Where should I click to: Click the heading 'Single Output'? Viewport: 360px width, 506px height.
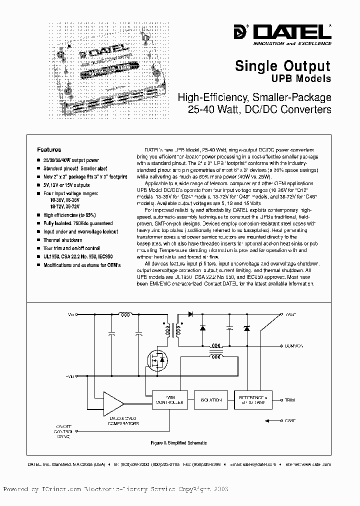(x=282, y=66)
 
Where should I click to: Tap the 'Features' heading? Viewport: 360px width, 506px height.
(x=49, y=149)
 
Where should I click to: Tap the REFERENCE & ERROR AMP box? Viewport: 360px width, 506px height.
(x=253, y=400)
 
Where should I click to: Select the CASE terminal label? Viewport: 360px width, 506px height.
(x=290, y=421)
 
